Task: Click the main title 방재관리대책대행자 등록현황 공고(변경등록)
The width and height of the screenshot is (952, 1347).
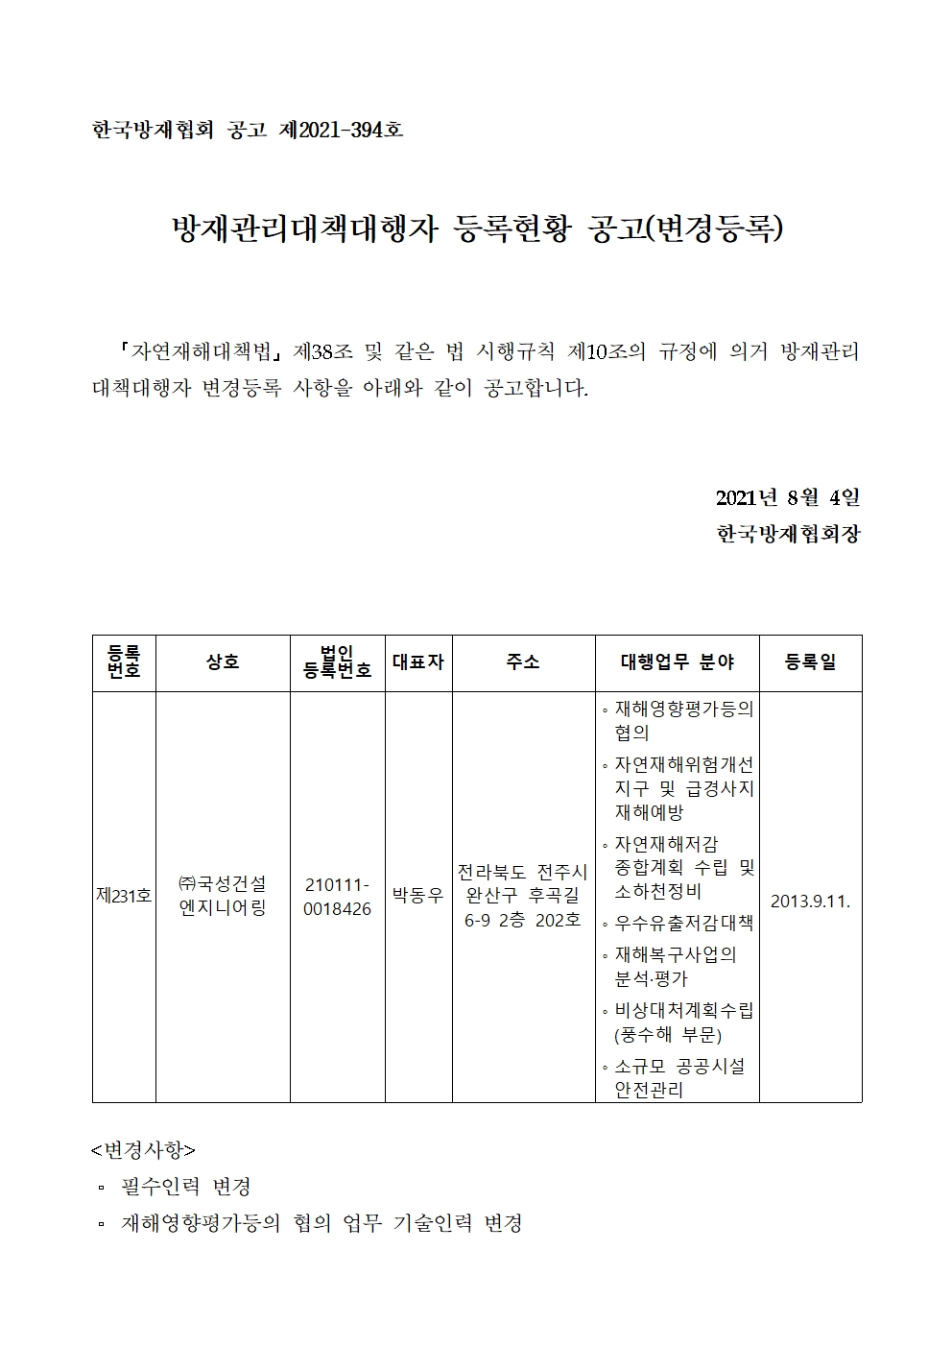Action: tap(476, 229)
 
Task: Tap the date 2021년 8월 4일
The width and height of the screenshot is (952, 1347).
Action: tap(787, 497)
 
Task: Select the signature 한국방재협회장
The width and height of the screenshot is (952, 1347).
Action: tap(788, 534)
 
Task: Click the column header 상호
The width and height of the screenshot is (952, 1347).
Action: tap(223, 662)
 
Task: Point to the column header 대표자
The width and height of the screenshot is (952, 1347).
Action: tap(418, 662)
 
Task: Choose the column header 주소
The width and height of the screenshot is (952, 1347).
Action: tap(523, 662)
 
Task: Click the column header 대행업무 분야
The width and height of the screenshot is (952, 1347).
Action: tap(677, 662)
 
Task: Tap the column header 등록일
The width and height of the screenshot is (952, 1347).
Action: tap(810, 662)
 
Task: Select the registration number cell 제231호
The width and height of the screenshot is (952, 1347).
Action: tap(124, 896)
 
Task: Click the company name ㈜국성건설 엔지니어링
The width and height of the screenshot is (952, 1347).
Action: tap(223, 896)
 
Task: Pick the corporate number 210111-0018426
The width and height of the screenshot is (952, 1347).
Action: tap(337, 896)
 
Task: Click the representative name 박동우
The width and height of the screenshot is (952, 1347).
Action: tap(418, 896)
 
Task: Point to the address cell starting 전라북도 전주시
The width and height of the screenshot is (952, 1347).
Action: tap(523, 896)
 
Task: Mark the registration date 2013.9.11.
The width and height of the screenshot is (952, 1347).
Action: tap(810, 902)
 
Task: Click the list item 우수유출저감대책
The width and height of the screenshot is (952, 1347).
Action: tap(683, 924)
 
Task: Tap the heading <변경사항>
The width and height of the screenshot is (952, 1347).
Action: tap(143, 1150)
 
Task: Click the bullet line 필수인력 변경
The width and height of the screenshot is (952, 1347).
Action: tap(186, 1188)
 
